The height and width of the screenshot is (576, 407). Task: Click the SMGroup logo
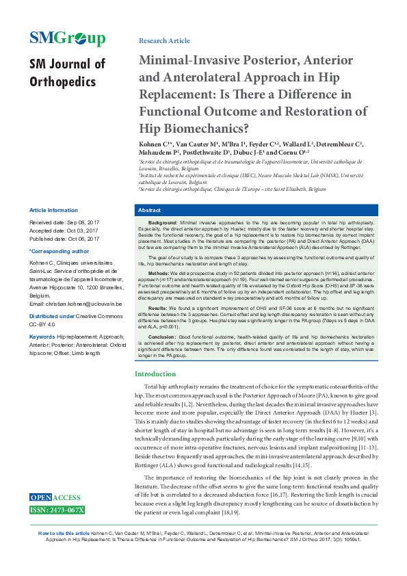[67, 38]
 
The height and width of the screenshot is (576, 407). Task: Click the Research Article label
[164, 41]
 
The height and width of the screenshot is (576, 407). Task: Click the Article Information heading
[53, 210]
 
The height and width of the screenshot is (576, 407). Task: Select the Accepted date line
[64, 231]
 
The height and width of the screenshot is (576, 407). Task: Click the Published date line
[64, 239]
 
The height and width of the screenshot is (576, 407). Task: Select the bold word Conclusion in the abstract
[162, 337]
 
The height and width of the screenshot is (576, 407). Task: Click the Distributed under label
[52, 315]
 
